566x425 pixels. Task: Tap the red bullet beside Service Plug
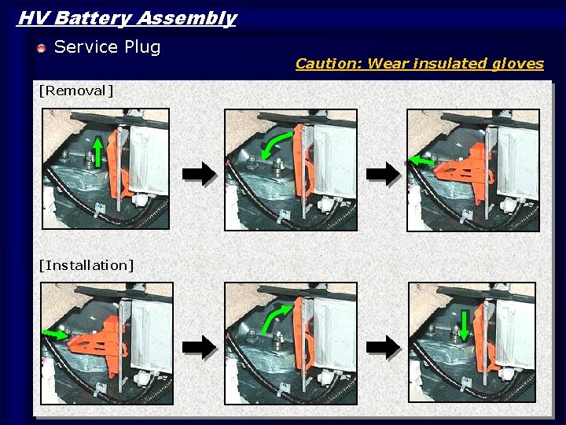point(42,49)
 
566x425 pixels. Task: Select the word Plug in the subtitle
point(142,47)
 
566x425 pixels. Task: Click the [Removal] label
point(75,91)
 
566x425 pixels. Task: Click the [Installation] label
point(86,265)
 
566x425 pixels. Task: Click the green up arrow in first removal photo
point(97,152)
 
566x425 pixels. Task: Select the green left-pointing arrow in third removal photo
point(421,161)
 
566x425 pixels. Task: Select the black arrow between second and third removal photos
point(384,174)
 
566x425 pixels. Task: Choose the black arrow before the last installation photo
point(384,346)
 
